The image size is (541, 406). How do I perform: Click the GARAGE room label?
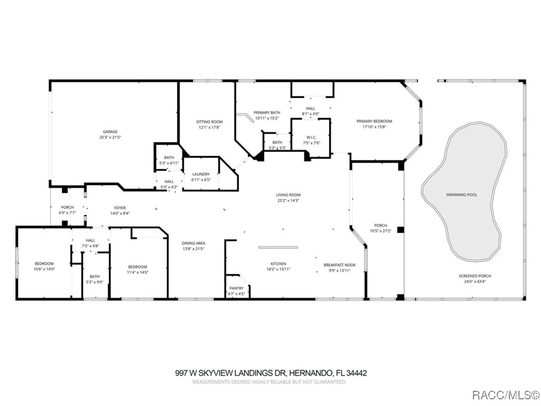(110, 132)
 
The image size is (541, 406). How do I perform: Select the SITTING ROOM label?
(209, 122)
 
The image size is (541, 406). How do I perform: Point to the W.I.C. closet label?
(311, 137)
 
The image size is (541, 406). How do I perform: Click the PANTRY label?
(236, 288)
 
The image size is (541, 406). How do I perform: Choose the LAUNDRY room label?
(201, 174)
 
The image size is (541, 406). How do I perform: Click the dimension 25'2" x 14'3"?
(288, 201)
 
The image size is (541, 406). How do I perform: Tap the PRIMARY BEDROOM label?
(374, 121)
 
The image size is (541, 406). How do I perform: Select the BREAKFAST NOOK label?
(339, 265)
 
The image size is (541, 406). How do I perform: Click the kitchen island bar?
(278, 247)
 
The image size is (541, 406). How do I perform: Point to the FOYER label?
(120, 208)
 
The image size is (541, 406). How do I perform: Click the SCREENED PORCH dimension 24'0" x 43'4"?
(475, 281)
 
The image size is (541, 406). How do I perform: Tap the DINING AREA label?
(193, 243)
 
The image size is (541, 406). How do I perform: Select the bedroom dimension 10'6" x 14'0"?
(44, 269)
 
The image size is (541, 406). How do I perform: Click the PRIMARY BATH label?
(267, 113)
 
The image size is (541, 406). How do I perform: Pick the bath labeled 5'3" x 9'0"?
(94, 279)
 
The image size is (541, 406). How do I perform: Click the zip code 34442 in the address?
(357, 373)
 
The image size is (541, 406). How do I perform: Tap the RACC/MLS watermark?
(505, 395)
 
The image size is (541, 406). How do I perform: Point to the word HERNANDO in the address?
(311, 373)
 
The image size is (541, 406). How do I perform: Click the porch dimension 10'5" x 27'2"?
(381, 231)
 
